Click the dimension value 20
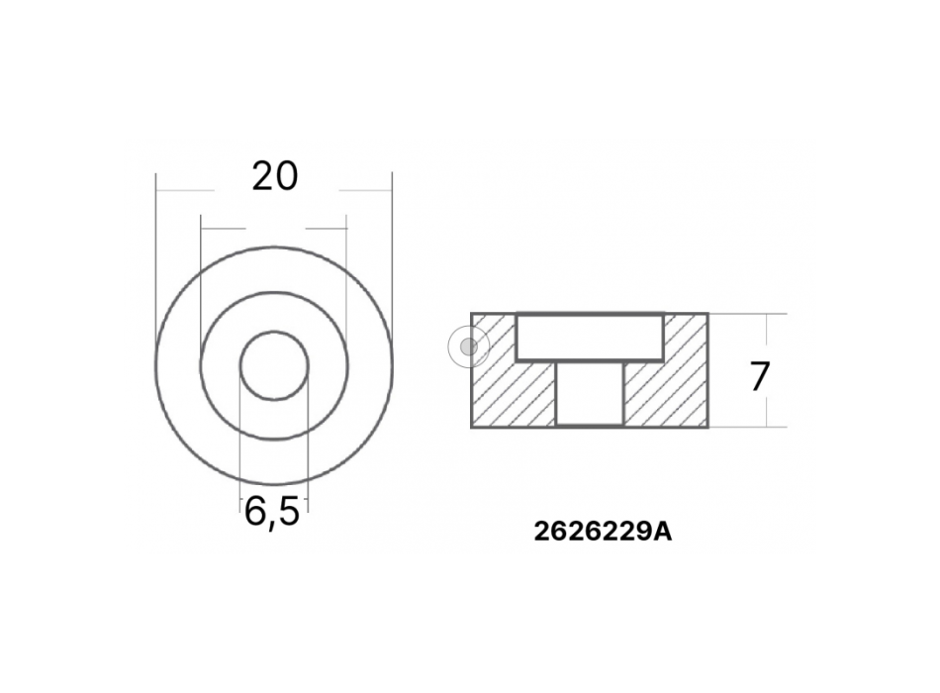point(274,177)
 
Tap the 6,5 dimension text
point(271,512)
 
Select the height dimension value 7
point(760,377)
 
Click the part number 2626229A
point(603,532)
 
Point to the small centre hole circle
point(274,332)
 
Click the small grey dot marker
point(469,346)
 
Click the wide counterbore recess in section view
point(590,338)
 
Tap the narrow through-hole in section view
point(591,394)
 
